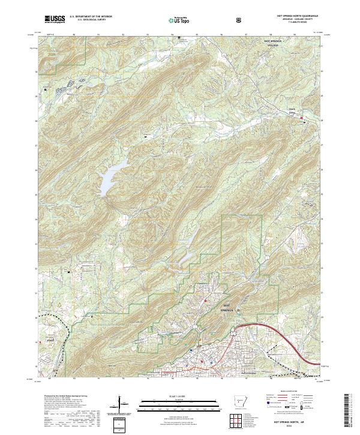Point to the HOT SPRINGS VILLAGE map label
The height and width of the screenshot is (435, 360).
click(273, 43)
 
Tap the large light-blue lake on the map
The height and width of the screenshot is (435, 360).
click(112, 178)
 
